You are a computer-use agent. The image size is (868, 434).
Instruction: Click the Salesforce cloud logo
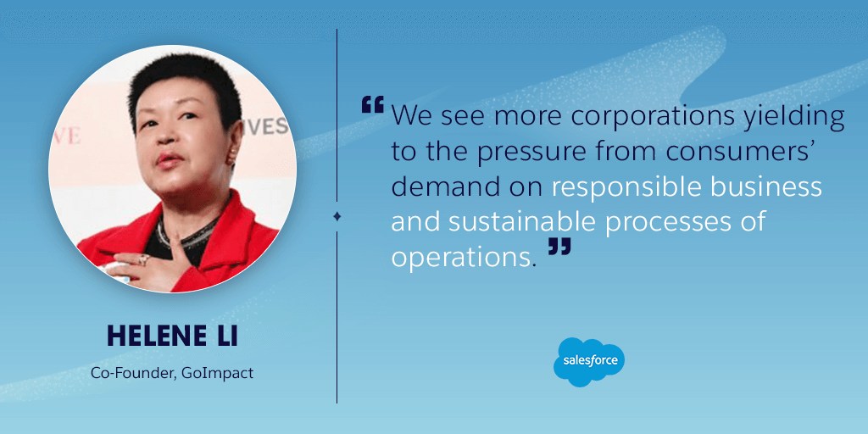[589, 362]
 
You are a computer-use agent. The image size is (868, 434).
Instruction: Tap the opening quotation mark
[373, 104]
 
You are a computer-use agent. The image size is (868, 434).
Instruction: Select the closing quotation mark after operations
[559, 247]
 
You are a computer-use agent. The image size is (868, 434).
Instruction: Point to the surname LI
[227, 336]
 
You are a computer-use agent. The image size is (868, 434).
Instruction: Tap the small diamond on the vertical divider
[337, 217]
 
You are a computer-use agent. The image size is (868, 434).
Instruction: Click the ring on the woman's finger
[143, 259]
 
